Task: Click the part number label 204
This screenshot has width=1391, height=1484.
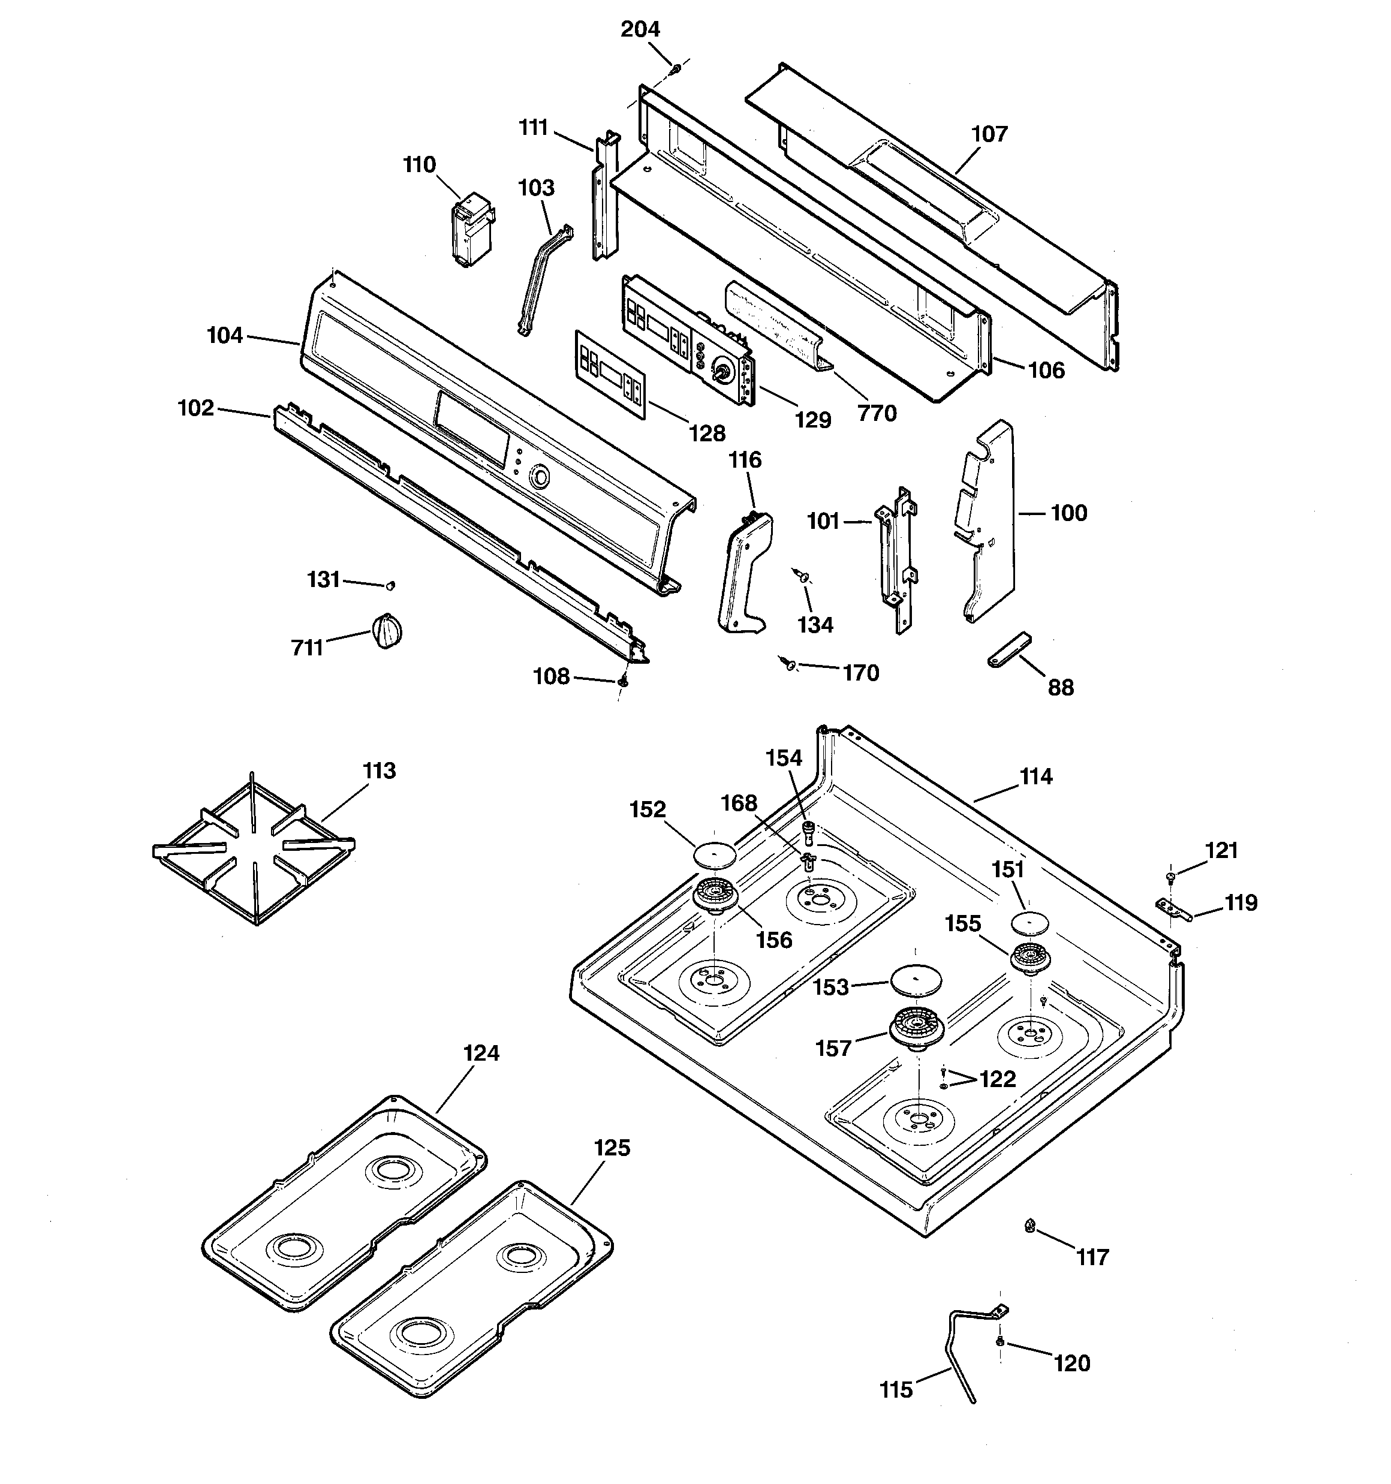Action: pos(640,29)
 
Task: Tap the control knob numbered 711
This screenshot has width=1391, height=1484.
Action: pos(386,631)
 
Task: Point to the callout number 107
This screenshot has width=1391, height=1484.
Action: pos(989,134)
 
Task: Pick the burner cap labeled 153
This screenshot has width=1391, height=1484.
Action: pos(916,979)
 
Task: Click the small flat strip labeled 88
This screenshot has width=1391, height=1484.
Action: pos(1008,649)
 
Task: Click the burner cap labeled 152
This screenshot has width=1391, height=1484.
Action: pos(715,854)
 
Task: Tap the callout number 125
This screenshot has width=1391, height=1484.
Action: pos(612,1148)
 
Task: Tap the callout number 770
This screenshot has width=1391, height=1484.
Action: pos(877,413)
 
